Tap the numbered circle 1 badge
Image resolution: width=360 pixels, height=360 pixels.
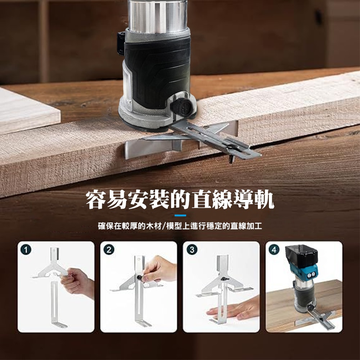[26, 249]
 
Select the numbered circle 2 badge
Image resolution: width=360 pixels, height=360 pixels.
[109, 249]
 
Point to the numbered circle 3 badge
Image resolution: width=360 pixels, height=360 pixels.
[192, 249]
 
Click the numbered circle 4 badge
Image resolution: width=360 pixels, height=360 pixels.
[274, 249]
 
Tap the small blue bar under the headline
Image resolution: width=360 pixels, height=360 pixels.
[180, 215]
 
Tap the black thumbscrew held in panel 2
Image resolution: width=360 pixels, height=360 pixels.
[139, 277]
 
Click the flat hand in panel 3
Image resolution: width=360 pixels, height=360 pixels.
[234, 309]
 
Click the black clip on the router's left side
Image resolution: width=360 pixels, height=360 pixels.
[121, 44]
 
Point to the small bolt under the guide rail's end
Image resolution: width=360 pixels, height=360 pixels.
[231, 159]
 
